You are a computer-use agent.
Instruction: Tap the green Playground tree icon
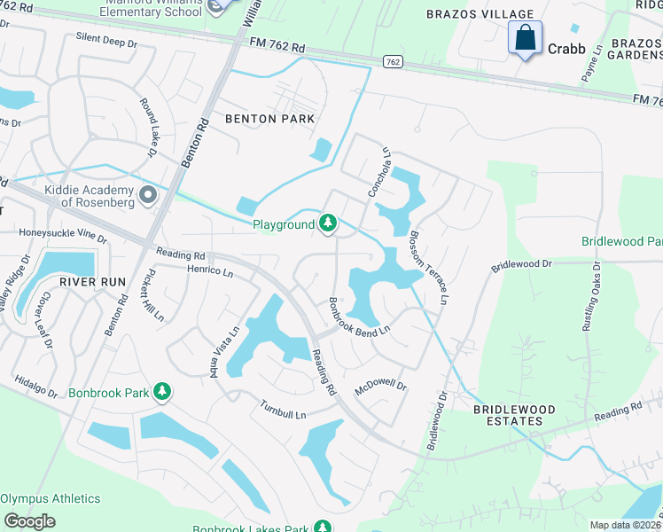pos(328,223)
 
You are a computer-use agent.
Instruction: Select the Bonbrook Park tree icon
pos(161,391)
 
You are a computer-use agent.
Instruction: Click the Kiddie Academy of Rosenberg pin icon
pos(148,194)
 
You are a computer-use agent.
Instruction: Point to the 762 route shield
pos(394,62)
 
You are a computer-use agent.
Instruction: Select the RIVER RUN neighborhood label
pos(89,281)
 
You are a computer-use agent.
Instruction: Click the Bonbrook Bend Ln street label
pos(359,317)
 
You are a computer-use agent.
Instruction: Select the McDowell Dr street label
pos(380,386)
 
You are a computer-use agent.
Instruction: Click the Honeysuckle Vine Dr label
pos(62,236)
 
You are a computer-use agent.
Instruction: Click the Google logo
pos(30,521)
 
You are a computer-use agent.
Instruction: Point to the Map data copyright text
pos(625,525)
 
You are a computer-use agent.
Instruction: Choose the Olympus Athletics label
pos(51,498)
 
